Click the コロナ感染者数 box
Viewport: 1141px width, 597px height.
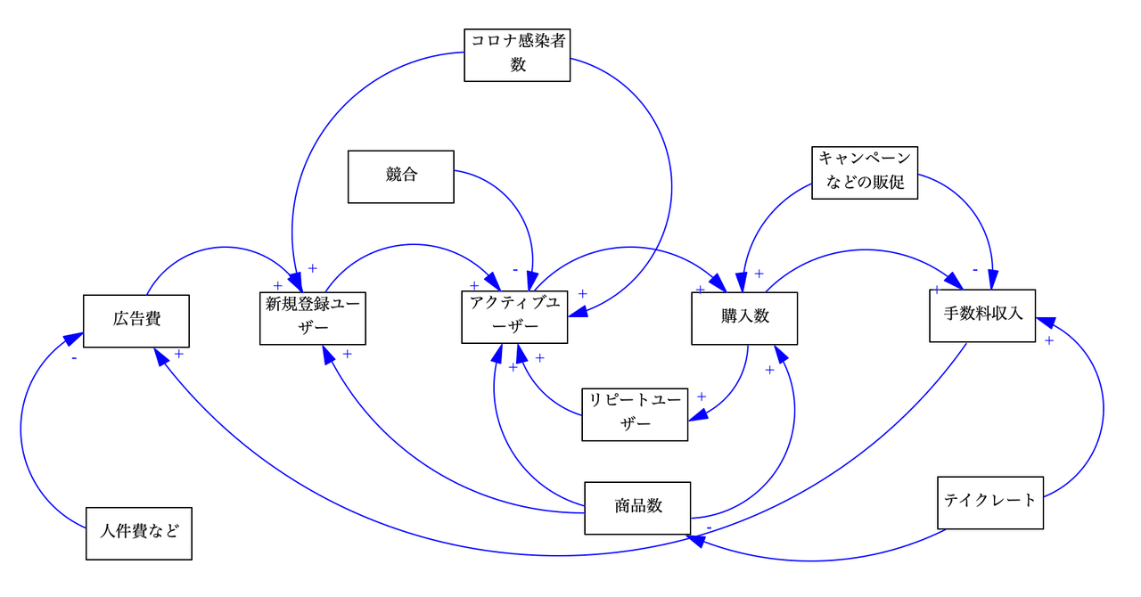pos(517,54)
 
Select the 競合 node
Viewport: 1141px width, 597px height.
pos(401,176)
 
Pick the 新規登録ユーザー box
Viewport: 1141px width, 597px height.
pos(313,318)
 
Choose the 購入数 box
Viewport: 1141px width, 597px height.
pos(744,318)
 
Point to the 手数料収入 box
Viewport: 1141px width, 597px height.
pos(982,315)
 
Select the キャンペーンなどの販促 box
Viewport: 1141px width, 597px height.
pos(865,172)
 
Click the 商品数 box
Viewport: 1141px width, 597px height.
pos(637,508)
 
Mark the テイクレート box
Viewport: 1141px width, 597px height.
pos(990,503)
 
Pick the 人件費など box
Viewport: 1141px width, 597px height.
pos(139,533)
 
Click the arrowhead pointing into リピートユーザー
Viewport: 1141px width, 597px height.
pos(698,414)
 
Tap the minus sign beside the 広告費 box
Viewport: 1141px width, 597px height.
pos(73,358)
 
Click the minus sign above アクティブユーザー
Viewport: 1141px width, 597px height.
pos(515,269)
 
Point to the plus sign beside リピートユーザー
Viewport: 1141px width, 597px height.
pos(702,397)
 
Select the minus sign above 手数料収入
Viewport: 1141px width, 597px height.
pos(975,269)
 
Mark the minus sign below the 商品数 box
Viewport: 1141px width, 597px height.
pos(709,528)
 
